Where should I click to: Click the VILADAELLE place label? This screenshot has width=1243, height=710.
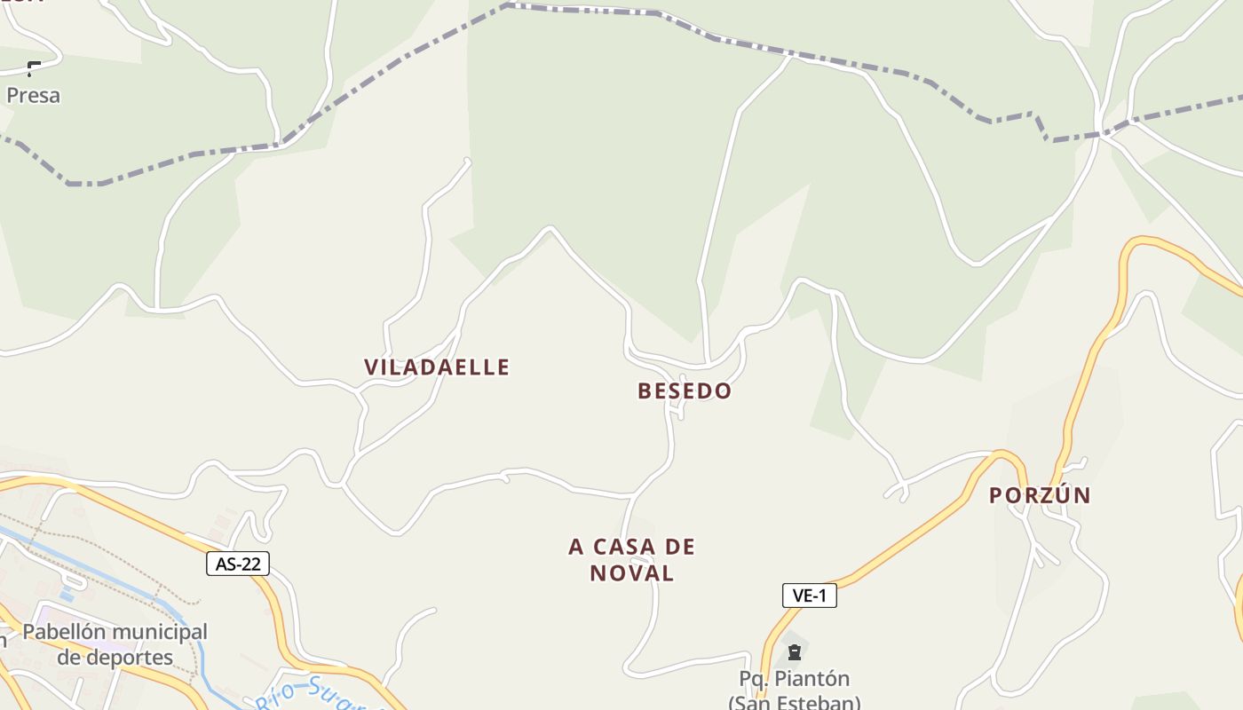tap(437, 367)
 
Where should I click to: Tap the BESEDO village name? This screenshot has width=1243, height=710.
tap(685, 390)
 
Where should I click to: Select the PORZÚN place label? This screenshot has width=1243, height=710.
tap(1040, 495)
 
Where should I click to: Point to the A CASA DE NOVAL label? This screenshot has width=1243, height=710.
tap(631, 559)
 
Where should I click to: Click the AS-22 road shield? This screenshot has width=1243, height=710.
tap(237, 564)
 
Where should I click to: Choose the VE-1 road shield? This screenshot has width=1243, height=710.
tap(809, 596)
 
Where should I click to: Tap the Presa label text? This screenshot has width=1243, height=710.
tap(34, 95)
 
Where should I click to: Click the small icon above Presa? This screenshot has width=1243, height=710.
tap(34, 68)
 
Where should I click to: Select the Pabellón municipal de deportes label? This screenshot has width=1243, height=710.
tap(115, 644)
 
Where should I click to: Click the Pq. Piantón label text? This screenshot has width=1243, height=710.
tap(794, 679)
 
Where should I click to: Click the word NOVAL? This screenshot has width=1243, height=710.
tap(631, 573)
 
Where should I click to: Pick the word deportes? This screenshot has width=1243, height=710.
tap(115, 658)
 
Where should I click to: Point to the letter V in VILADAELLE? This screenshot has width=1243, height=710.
tap(370, 367)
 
